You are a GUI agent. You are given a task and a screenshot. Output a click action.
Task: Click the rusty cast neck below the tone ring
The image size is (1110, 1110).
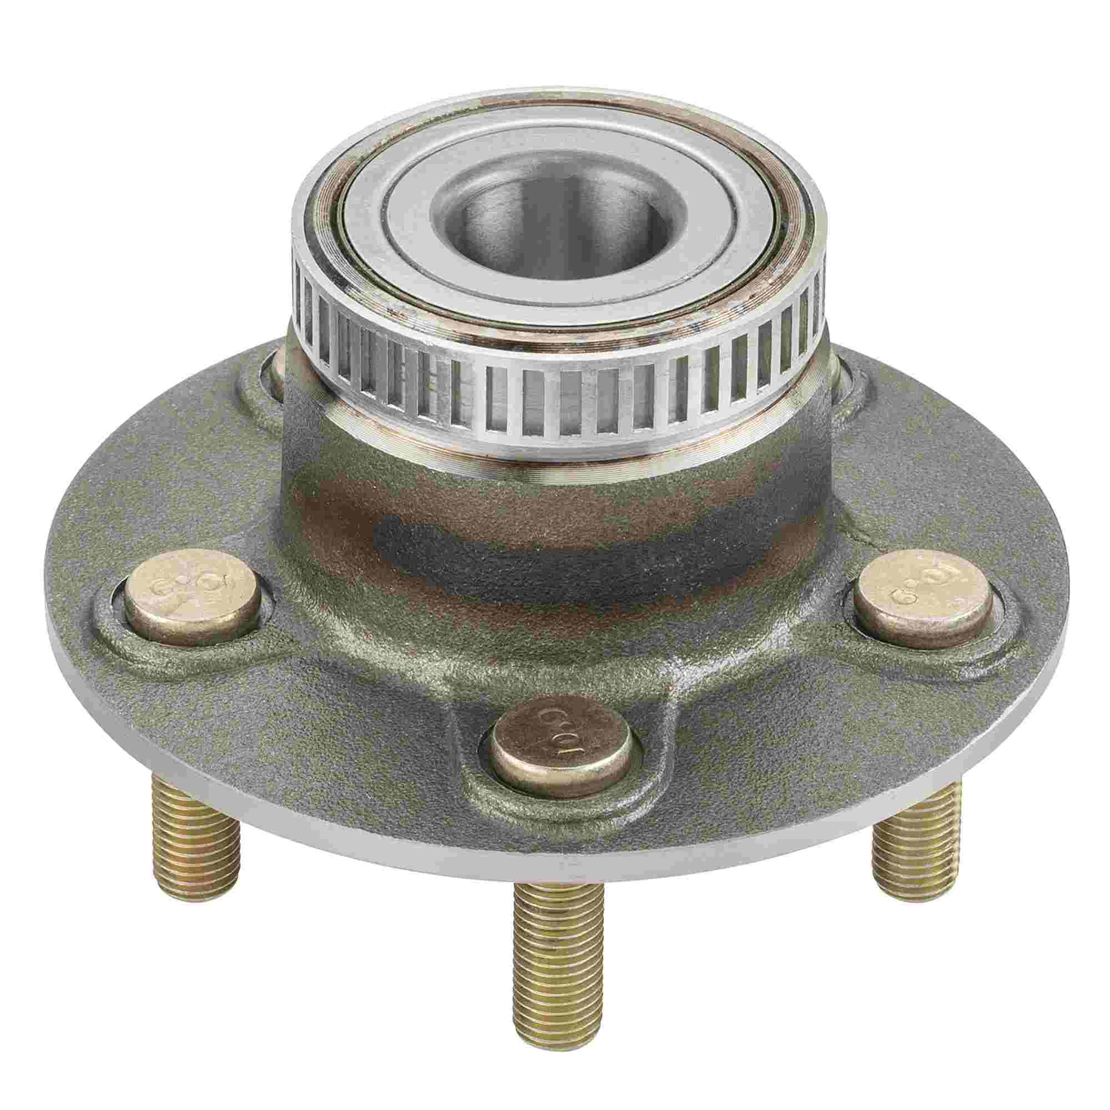point(552,517)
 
